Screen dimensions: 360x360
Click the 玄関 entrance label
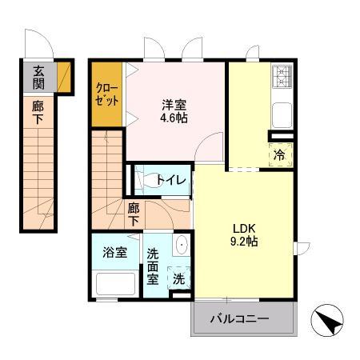tap(38, 78)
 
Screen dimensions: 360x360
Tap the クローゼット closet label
tap(107, 94)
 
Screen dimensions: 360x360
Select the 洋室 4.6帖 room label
tap(174, 111)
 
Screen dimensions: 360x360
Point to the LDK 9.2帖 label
tap(244, 235)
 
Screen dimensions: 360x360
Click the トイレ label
tap(171, 180)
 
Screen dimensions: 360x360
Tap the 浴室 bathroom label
tap(114, 253)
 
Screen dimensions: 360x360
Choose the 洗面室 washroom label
tap(153, 266)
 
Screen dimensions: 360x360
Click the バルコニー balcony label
tap(239, 318)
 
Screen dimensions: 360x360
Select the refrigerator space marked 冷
tap(281, 154)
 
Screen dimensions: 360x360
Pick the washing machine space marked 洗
tap(179, 278)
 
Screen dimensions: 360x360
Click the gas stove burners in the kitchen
tap(282, 77)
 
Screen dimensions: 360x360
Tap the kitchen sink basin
tap(282, 115)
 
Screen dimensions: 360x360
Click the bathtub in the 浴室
tap(115, 284)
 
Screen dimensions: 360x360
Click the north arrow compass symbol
tap(327, 320)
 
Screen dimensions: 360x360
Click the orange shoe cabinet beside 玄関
tap(64, 77)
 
